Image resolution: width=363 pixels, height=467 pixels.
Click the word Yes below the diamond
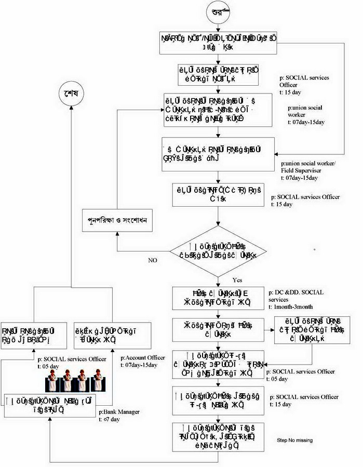237,279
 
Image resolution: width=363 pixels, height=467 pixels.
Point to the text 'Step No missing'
295,440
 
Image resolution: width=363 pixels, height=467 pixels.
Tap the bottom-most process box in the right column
219,435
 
